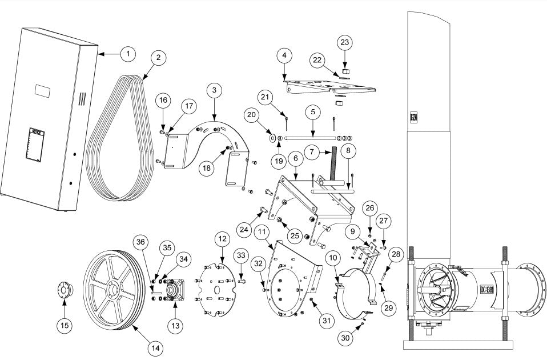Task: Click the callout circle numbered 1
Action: [128, 53]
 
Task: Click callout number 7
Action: [312, 152]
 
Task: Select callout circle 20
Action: [253, 115]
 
